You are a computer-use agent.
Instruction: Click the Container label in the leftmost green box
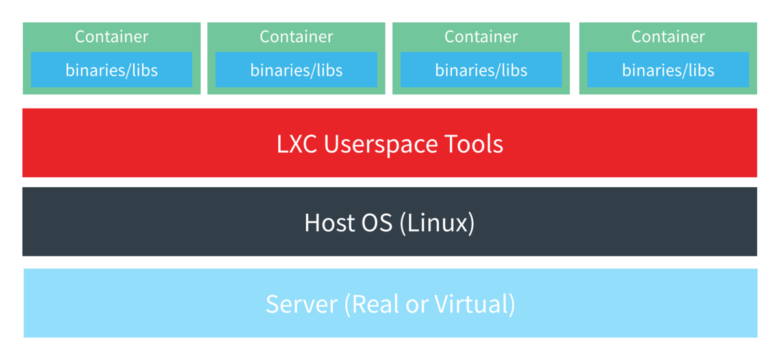[x=111, y=36]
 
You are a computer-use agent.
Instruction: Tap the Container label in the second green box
[x=296, y=36]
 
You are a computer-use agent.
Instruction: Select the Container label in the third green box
[x=481, y=36]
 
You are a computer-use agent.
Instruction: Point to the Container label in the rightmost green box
[x=668, y=36]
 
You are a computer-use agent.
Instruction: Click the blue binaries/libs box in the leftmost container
[x=111, y=70]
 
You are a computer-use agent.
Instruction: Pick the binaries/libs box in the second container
[x=296, y=70]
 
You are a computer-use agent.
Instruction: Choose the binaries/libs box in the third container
[x=481, y=70]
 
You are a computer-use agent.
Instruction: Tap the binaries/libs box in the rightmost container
[x=668, y=70]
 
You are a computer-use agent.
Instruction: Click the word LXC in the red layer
[x=296, y=144]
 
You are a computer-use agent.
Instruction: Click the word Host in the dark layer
[x=330, y=223]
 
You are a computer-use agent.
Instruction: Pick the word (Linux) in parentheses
[x=437, y=224]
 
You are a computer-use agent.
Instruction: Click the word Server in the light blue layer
[x=302, y=304]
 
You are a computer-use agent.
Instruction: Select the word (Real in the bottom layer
[x=371, y=305]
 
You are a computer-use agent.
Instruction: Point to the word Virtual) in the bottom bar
[x=474, y=305]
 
